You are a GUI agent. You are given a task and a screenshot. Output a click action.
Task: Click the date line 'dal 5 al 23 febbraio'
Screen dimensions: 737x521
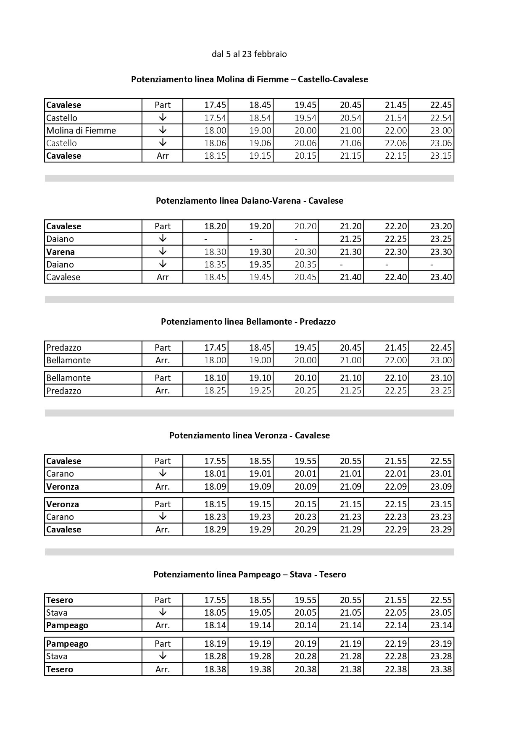pos(249,54)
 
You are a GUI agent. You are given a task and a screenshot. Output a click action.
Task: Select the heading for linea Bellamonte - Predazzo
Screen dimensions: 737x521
pos(248,322)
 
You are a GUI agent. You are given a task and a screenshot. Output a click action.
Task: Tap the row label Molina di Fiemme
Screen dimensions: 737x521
pos(81,131)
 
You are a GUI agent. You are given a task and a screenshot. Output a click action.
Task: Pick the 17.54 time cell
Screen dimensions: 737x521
pos(215,118)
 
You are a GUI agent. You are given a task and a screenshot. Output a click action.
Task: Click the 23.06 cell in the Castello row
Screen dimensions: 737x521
pos(441,143)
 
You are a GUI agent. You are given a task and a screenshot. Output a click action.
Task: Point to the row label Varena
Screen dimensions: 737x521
pos(61,252)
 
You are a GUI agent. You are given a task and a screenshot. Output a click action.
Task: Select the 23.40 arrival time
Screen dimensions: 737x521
pos(441,277)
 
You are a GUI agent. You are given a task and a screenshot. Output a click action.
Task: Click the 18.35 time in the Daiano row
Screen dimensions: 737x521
pos(215,265)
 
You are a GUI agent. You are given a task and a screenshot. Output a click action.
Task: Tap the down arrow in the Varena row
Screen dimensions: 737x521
pos(163,252)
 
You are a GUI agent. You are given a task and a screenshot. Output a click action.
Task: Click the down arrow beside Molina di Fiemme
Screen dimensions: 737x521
pos(163,130)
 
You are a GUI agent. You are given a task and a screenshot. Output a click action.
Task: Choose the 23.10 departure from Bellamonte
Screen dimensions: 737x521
pos(441,378)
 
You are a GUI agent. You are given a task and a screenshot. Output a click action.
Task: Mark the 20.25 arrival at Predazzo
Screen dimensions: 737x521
pos(305,391)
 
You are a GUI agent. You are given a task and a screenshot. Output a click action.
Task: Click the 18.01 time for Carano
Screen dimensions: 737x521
pos(215,474)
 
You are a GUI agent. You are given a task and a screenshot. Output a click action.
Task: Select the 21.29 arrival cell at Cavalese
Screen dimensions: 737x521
pos(350,530)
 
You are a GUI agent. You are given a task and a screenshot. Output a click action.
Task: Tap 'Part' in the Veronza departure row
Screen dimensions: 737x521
pos(163,504)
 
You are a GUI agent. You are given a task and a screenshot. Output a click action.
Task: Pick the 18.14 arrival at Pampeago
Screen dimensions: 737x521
pos(215,625)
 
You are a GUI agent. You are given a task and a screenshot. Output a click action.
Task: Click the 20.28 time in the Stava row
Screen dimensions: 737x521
pos(305,656)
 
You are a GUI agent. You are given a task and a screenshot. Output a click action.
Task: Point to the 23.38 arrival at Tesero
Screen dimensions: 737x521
pos(441,669)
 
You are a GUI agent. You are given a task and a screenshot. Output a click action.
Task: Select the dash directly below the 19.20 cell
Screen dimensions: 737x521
pos(251,239)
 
